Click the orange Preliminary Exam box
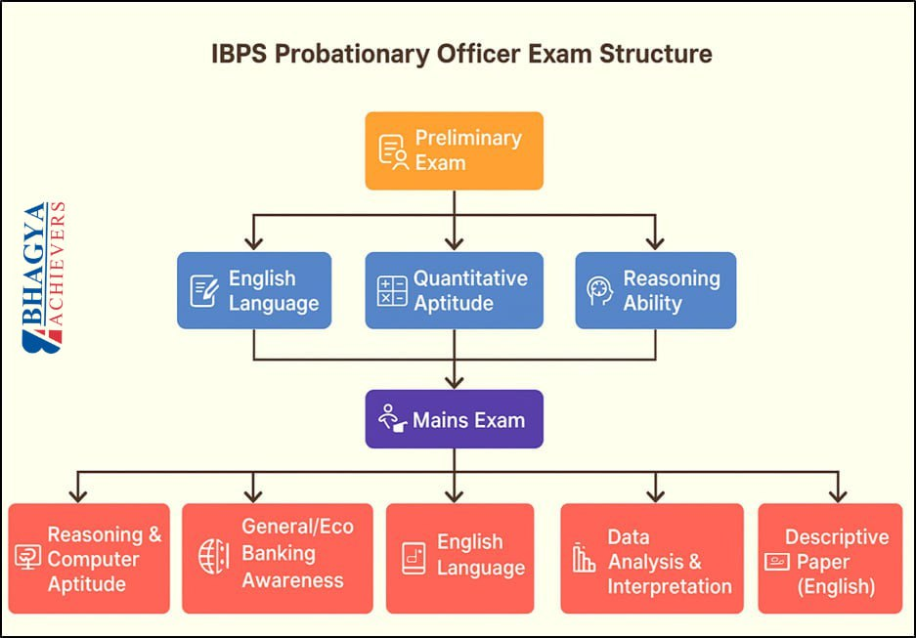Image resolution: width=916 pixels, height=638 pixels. click(454, 150)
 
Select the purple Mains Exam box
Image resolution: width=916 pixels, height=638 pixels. click(454, 420)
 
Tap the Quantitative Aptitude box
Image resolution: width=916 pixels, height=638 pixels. click(454, 290)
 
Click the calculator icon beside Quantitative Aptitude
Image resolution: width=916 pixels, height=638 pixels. click(392, 291)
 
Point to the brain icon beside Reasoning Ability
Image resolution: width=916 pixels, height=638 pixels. click(599, 291)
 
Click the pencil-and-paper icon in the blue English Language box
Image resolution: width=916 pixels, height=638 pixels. click(204, 291)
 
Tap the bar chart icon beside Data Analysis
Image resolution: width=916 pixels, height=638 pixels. click(584, 558)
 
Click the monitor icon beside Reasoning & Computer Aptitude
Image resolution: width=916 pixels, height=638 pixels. click(26, 559)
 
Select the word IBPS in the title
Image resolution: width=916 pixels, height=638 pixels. click(240, 53)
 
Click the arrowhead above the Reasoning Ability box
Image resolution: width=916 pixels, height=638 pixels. click(655, 242)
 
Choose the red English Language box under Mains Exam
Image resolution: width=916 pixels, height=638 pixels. click(459, 557)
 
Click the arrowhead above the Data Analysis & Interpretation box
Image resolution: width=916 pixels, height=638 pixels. click(655, 494)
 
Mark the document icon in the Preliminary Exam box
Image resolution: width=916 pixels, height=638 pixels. click(392, 150)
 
